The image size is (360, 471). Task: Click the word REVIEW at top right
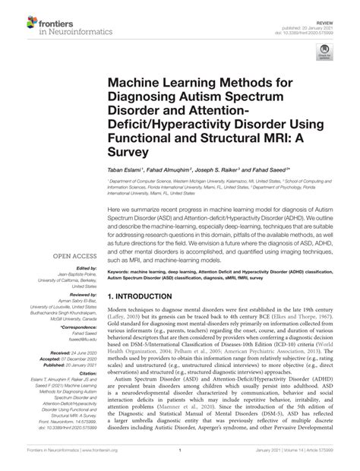[x=330, y=5]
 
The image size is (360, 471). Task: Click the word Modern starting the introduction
[x=121, y=291]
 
